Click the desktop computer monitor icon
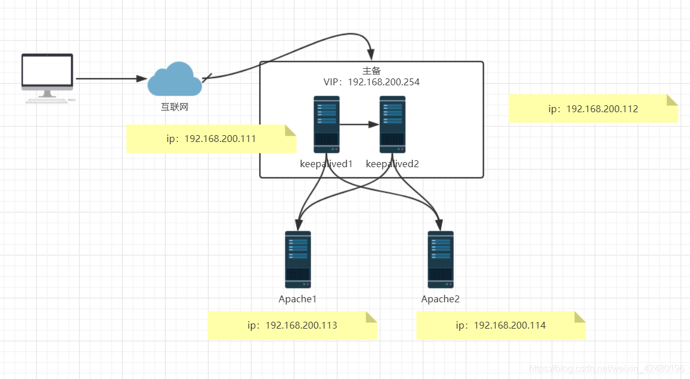point(48,77)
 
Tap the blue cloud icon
point(174,80)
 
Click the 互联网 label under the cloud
point(174,106)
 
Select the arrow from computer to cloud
point(109,78)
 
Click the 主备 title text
point(371,70)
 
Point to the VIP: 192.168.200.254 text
point(371,82)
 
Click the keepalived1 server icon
point(327,124)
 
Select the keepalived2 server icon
point(393,124)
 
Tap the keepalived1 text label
point(326,164)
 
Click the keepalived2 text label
point(393,164)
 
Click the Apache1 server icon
point(298,259)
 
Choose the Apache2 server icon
point(440,259)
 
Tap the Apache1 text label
point(297,299)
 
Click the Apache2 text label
point(440,299)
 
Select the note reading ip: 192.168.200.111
point(211,139)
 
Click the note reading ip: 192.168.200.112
point(593,109)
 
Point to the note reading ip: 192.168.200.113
point(292,326)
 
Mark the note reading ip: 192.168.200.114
point(501,326)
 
